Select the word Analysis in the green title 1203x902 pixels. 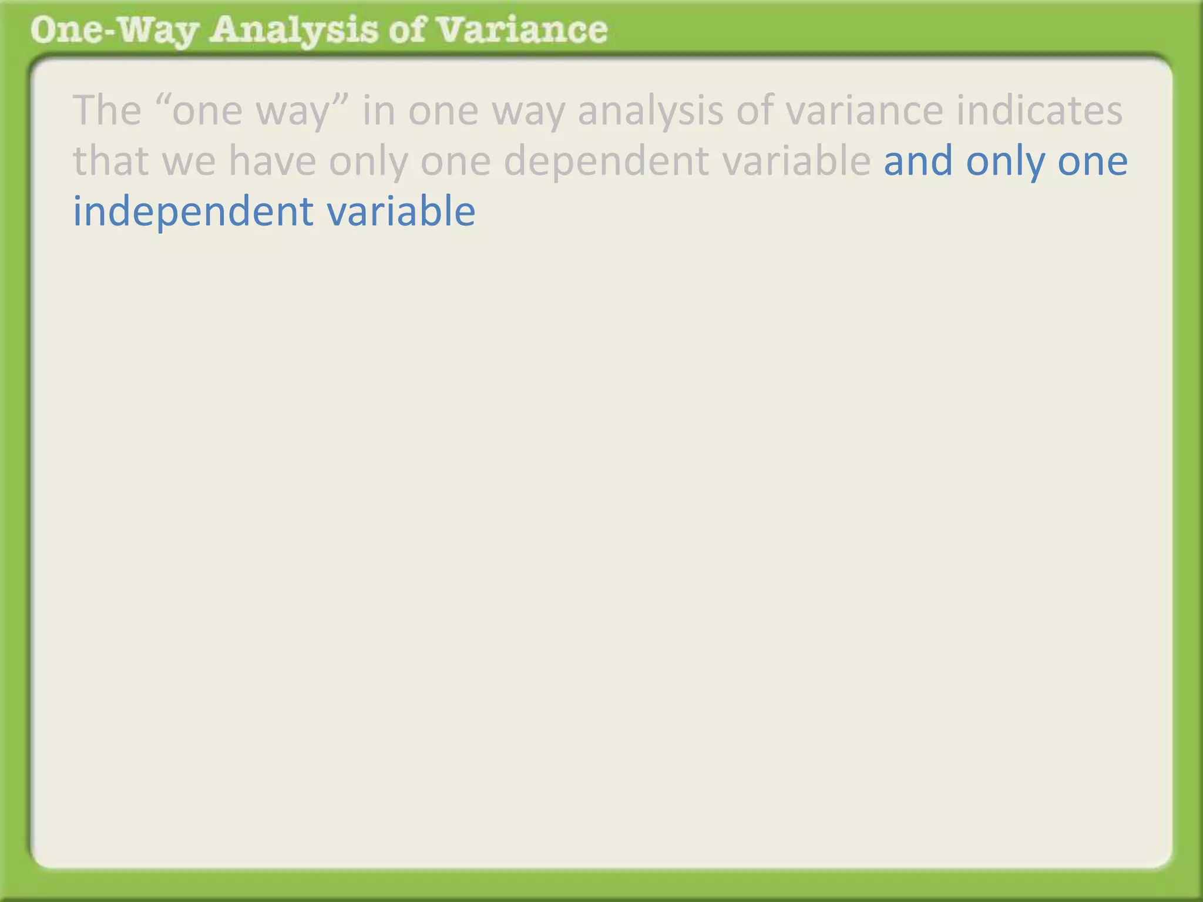coord(293,31)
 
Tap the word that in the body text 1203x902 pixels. coord(110,161)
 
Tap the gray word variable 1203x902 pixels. coord(797,161)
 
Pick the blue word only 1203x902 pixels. coord(1005,162)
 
